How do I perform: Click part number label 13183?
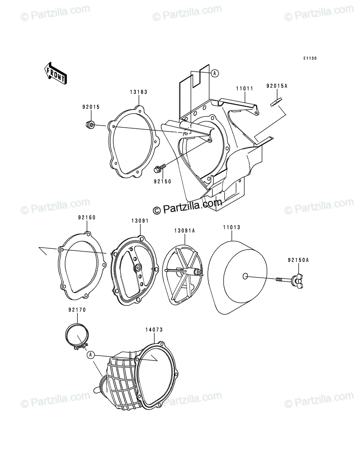pyautogui.click(x=139, y=92)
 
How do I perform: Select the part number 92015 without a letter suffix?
pyautogui.click(x=91, y=107)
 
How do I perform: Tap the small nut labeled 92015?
pyautogui.click(x=90, y=124)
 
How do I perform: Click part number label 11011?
pyautogui.click(x=245, y=88)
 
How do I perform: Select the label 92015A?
pyautogui.click(x=277, y=86)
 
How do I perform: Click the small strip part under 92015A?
pyautogui.click(x=276, y=102)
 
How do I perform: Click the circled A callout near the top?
pyautogui.click(x=214, y=73)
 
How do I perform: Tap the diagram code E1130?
pyautogui.click(x=310, y=58)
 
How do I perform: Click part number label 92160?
pyautogui.click(x=87, y=217)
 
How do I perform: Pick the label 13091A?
pyautogui.click(x=185, y=231)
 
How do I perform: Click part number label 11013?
pyautogui.click(x=232, y=227)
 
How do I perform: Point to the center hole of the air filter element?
pyautogui.click(x=245, y=276)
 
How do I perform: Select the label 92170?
pyautogui.click(x=77, y=310)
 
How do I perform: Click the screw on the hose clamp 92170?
pyautogui.click(x=81, y=346)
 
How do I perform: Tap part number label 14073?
pyautogui.click(x=154, y=329)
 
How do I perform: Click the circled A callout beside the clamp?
pyautogui.click(x=91, y=354)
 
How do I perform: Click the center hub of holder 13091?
pyautogui.click(x=137, y=267)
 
